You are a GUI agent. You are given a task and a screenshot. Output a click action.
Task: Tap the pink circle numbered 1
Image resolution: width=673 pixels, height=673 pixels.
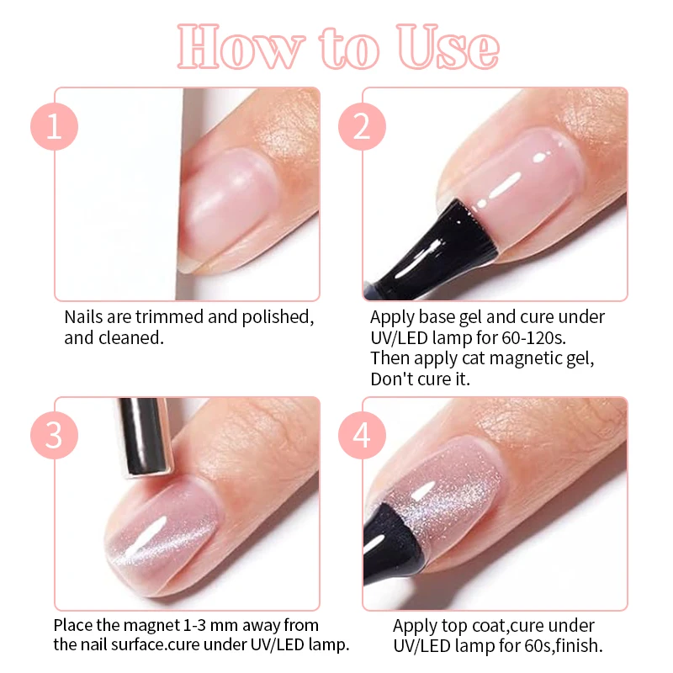55,127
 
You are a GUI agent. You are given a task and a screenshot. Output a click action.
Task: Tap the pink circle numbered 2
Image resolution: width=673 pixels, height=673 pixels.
362,127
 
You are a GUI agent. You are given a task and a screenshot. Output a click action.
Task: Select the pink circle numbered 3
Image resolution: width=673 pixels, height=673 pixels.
55,437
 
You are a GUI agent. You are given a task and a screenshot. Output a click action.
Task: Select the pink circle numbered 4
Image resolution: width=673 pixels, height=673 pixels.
362,437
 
